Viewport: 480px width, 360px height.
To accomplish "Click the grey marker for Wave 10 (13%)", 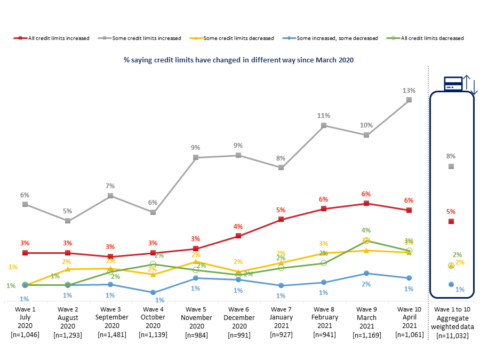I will click(409, 100).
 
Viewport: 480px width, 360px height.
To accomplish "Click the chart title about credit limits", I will click(238, 60).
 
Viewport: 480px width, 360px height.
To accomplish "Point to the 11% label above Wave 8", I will click(324, 115).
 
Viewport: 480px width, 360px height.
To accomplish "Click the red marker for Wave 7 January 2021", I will click(281, 219).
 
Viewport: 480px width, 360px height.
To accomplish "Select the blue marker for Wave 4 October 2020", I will click(153, 292).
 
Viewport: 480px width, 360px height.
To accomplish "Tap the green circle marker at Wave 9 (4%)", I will click(366, 241).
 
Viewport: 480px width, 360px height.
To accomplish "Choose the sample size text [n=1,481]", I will click(110, 334).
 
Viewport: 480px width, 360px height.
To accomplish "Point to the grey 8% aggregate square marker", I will click(451, 166).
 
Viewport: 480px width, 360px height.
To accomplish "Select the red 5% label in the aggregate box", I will click(451, 211).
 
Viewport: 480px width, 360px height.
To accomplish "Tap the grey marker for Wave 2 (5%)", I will click(68, 221).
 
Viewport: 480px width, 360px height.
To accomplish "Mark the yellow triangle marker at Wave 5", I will click(196, 261).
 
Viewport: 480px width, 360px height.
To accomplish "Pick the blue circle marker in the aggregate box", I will click(451, 284).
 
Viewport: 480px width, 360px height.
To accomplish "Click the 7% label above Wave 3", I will click(110, 186).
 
